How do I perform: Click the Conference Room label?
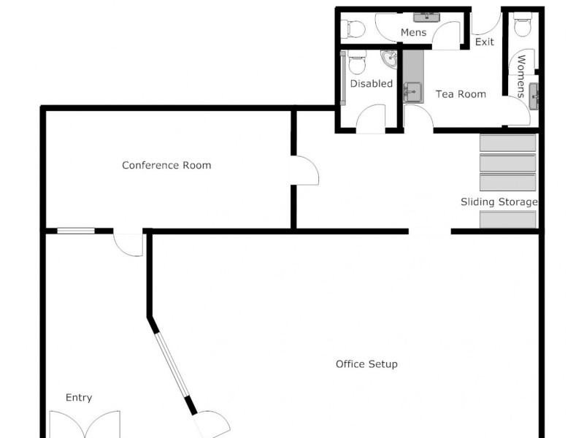coord(166,166)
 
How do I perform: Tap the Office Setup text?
coord(366,364)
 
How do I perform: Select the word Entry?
coord(79,398)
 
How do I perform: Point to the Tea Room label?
coord(461,94)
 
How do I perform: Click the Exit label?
coord(485,42)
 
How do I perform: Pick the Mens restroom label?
coord(413,33)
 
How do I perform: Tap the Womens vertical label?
coord(522,76)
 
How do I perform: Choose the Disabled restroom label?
coord(371,84)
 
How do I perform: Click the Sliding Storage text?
coord(499,202)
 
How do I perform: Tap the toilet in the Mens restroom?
coord(354,29)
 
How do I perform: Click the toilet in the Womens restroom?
coord(522,26)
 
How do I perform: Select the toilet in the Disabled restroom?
coord(357,64)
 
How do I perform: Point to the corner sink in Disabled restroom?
coord(389,58)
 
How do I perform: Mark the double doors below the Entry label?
coord(84,424)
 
